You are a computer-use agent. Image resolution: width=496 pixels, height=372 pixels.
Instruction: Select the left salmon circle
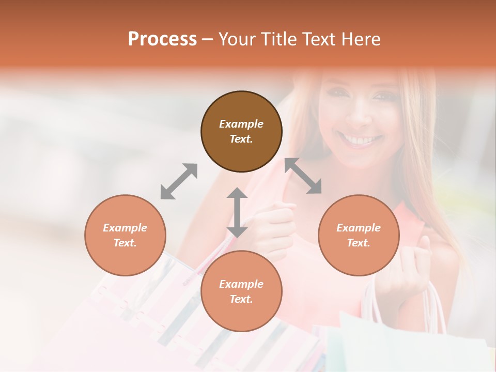125,235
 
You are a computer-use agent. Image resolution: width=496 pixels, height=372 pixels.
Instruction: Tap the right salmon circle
359,235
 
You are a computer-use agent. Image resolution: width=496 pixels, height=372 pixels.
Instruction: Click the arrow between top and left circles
179,181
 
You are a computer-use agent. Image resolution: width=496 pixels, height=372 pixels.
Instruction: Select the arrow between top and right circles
303,176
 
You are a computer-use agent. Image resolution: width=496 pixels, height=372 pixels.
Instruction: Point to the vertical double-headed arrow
237,212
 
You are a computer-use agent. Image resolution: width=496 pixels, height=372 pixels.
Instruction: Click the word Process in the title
162,39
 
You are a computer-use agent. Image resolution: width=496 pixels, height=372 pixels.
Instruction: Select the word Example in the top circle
241,124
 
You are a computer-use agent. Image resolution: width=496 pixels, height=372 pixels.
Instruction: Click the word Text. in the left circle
125,243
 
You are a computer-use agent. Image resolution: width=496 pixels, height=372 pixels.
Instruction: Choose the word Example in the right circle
359,228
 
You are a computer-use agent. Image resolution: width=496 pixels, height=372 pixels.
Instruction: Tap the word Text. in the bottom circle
241,299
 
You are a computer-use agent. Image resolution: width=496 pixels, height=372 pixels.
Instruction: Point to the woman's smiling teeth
362,140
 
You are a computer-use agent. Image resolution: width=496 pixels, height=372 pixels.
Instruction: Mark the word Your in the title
237,39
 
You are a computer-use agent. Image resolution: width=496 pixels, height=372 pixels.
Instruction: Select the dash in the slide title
207,39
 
